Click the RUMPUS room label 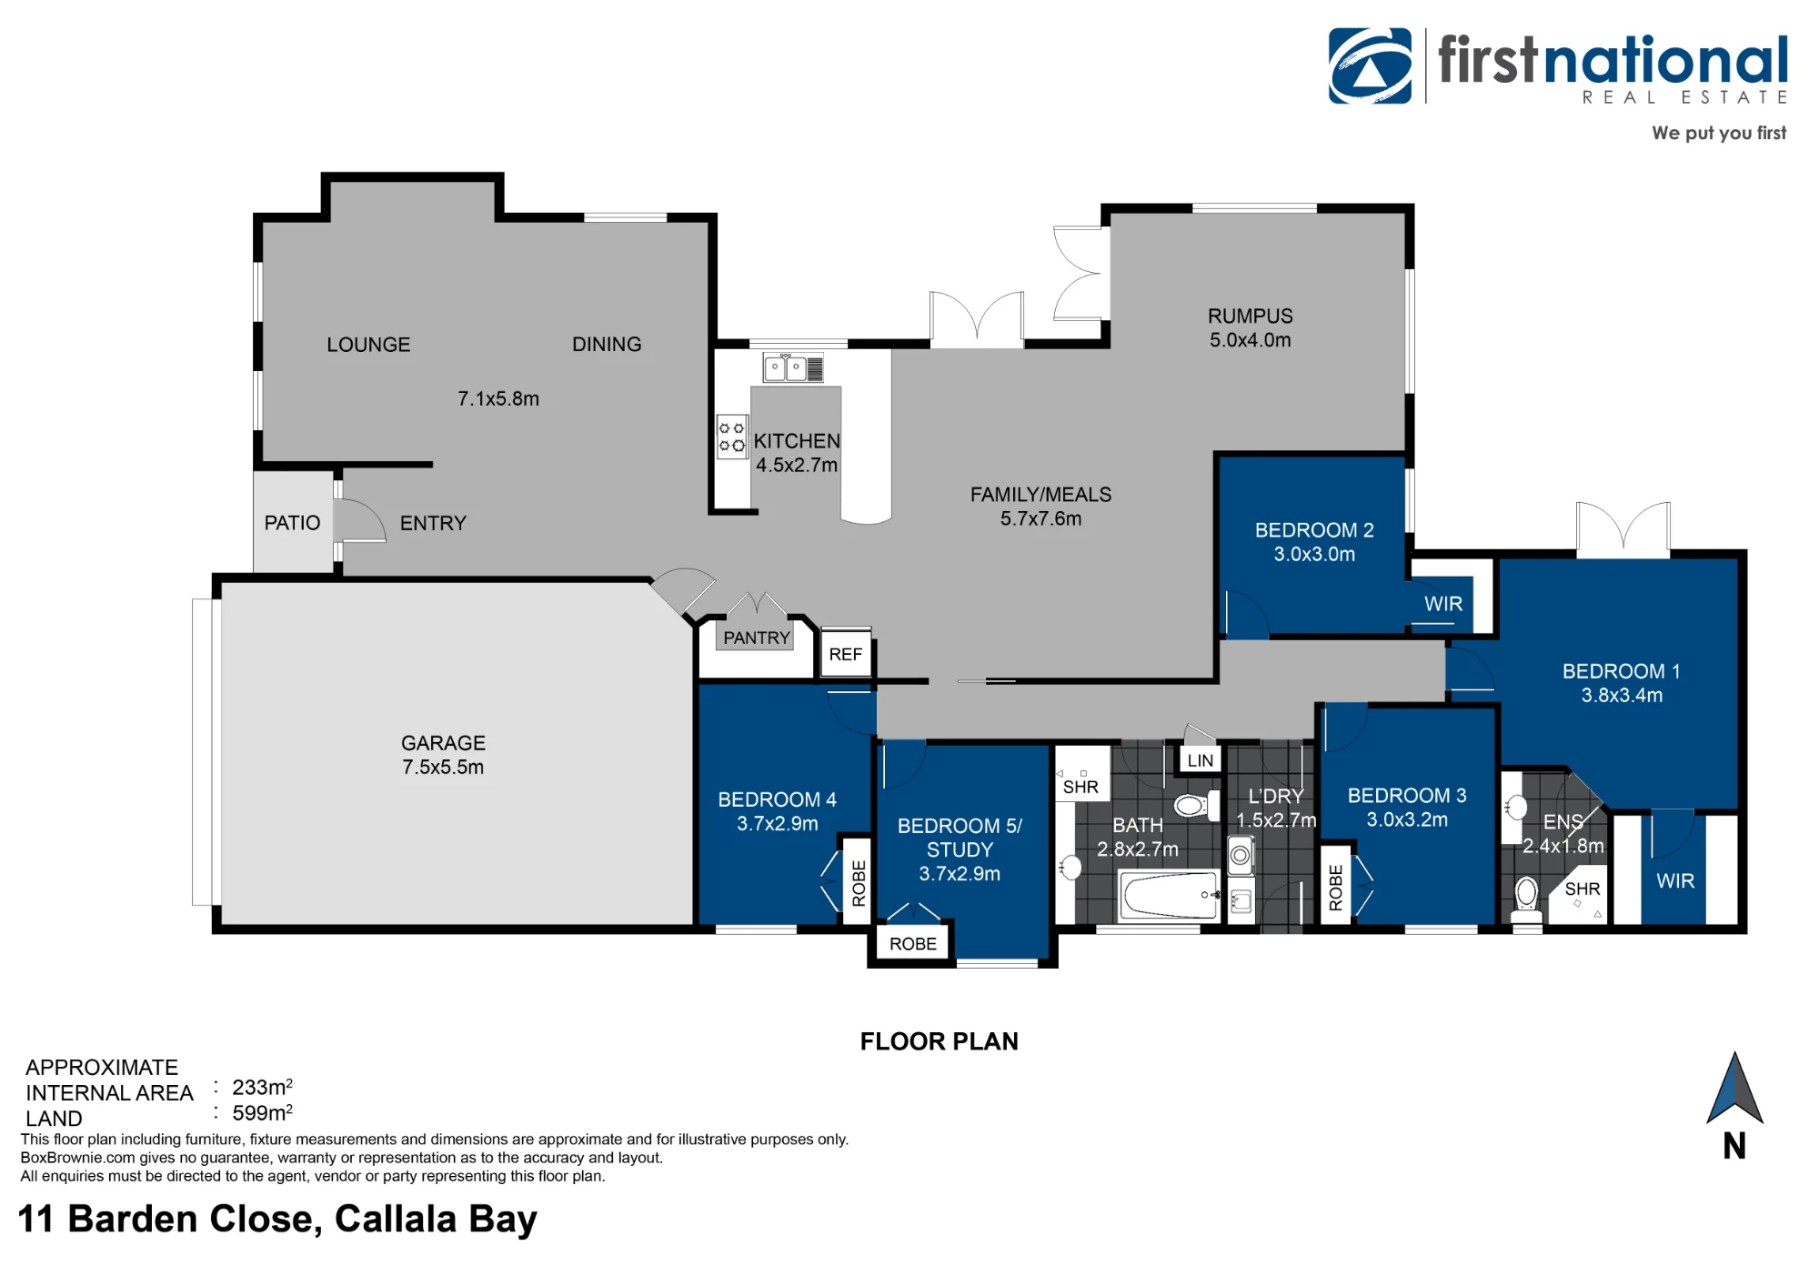1250,316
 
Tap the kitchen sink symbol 793,367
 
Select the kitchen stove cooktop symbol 731,437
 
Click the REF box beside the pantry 846,653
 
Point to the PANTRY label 756,638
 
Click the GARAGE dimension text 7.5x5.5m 443,767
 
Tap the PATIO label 292,523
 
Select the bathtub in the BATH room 1169,895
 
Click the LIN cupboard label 1200,760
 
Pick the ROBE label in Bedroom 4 858,883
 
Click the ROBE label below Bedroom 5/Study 912,944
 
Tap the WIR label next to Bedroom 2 1443,604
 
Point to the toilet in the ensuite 1527,899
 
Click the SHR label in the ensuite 1583,889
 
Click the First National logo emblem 1370,65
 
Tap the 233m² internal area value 262,1087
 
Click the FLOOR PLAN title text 940,1041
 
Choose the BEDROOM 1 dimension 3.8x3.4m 1622,696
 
